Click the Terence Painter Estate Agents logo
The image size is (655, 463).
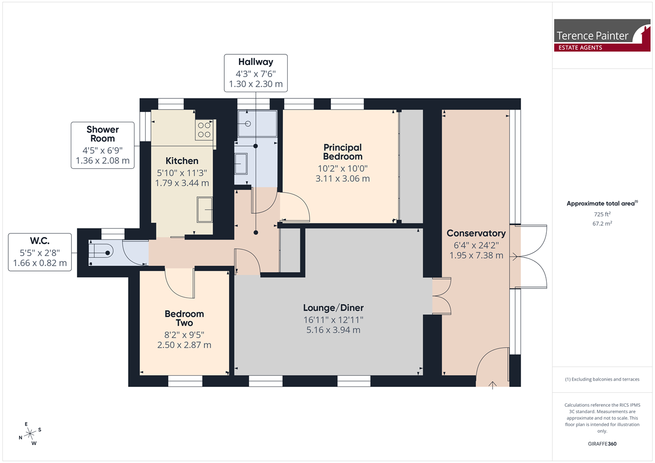tap(602, 35)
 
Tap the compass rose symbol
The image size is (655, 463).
tap(30, 434)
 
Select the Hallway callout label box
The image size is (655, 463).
tap(256, 73)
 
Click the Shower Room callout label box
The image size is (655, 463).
tap(103, 145)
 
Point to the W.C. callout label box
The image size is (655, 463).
tap(40, 252)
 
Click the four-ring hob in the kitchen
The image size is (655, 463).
tap(204, 130)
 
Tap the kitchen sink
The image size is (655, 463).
tap(205, 210)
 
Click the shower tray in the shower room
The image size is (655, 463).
tap(257, 124)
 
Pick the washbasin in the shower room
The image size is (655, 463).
tap(241, 164)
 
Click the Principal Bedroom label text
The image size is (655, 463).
tap(343, 152)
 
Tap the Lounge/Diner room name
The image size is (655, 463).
tap(333, 307)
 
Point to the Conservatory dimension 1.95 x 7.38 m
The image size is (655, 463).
tap(476, 255)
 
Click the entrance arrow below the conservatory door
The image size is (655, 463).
tap(492, 385)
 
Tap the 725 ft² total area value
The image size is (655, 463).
tap(602, 214)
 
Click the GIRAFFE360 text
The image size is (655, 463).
tap(602, 444)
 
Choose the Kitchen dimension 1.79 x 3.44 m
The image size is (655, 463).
tap(182, 183)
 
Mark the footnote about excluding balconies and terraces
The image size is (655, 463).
tap(602, 379)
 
